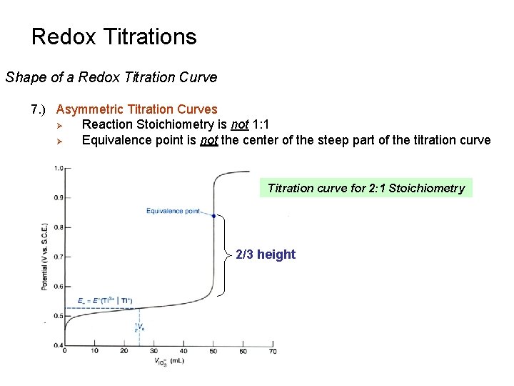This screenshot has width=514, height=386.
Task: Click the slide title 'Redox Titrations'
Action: pyautogui.click(x=114, y=36)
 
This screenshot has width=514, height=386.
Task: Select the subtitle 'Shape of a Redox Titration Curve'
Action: pyautogui.click(x=111, y=77)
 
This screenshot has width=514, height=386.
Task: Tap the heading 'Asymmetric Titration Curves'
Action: pyautogui.click(x=136, y=109)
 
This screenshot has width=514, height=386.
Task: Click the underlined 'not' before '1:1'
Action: pyautogui.click(x=239, y=124)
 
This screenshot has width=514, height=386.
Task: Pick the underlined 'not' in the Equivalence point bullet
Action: pyautogui.click(x=208, y=140)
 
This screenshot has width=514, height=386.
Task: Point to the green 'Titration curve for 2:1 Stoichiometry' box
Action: pyautogui.click(x=366, y=188)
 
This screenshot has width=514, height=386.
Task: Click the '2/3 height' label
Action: pyautogui.click(x=265, y=254)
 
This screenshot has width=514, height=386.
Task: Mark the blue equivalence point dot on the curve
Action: pyautogui.click(x=213, y=215)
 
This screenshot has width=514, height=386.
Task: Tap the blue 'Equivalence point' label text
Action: pyautogui.click(x=173, y=211)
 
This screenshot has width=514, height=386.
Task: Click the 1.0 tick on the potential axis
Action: pyautogui.click(x=58, y=168)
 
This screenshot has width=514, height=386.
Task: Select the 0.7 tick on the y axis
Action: pyautogui.click(x=58, y=257)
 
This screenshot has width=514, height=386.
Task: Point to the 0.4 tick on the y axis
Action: pyautogui.click(x=58, y=345)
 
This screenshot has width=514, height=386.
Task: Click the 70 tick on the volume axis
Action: pyautogui.click(x=273, y=351)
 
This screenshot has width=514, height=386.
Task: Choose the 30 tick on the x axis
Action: pyautogui.click(x=153, y=351)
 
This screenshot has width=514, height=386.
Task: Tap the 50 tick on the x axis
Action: pyautogui.click(x=213, y=351)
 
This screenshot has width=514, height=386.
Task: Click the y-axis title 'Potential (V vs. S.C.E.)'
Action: pyautogui.click(x=44, y=256)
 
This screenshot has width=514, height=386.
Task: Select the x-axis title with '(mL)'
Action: pyautogui.click(x=169, y=362)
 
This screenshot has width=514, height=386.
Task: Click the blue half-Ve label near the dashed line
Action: pyautogui.click(x=138, y=328)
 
